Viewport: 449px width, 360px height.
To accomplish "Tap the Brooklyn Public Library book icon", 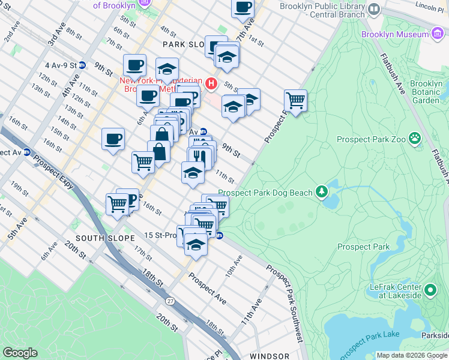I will [x=373, y=10].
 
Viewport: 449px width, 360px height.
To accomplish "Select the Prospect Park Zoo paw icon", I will [x=414, y=139].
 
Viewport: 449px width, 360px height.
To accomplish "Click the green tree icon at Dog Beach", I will [x=322, y=192].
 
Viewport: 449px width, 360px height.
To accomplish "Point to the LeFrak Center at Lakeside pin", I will [x=430, y=292].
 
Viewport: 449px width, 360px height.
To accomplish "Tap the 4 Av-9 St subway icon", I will [x=82, y=65].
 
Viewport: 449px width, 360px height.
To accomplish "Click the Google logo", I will [x=20, y=353].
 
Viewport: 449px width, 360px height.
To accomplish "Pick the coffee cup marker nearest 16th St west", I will [x=113, y=139].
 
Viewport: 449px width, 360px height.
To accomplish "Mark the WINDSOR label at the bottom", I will [x=270, y=356].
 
